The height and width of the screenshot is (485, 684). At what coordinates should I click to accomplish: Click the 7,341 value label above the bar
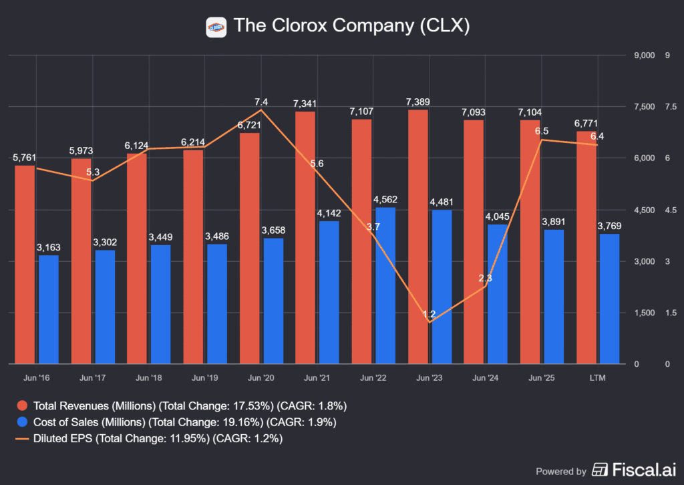(305, 104)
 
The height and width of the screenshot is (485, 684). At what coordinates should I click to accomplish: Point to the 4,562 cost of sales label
(385, 200)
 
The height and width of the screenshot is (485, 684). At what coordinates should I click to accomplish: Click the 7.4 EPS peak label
(261, 102)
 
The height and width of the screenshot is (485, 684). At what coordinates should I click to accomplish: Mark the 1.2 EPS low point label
(429, 313)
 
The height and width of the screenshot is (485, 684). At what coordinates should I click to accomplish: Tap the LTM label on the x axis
(598, 378)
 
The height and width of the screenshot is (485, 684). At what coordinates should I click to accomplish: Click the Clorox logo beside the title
(216, 27)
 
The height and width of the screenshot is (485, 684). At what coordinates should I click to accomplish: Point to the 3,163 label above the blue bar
(47, 247)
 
